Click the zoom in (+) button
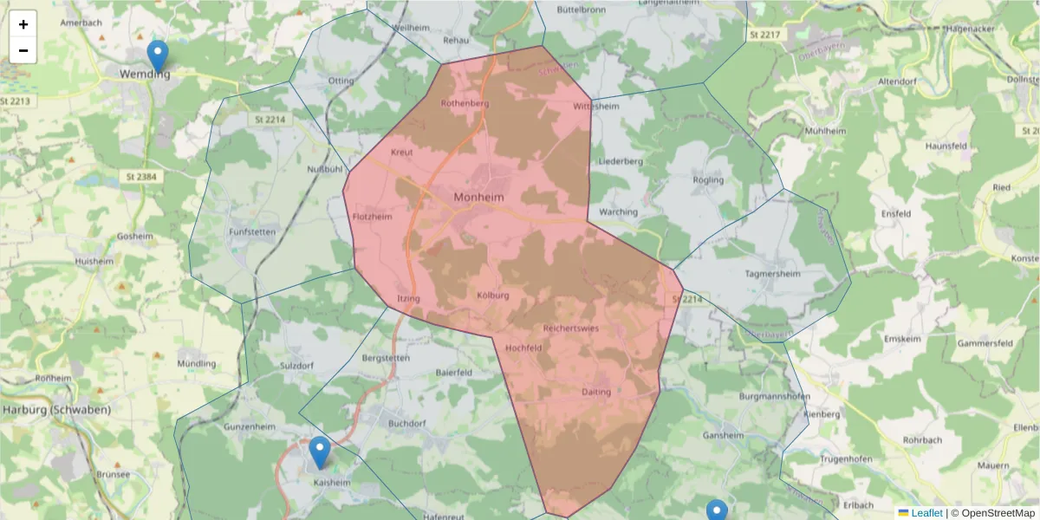tap(23, 24)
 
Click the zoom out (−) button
tap(23, 50)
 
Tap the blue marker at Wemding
tap(157, 56)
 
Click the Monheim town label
tap(478, 198)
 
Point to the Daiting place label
tap(596, 392)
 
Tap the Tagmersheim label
tap(771, 273)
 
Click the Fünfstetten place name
tap(251, 232)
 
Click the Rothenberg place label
tap(465, 103)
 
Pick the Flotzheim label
tap(373, 217)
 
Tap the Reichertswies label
tap(570, 328)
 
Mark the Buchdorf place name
tap(407, 424)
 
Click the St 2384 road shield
tap(136, 177)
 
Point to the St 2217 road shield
tap(764, 34)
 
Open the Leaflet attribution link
tap(926, 513)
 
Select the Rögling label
tap(708, 180)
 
